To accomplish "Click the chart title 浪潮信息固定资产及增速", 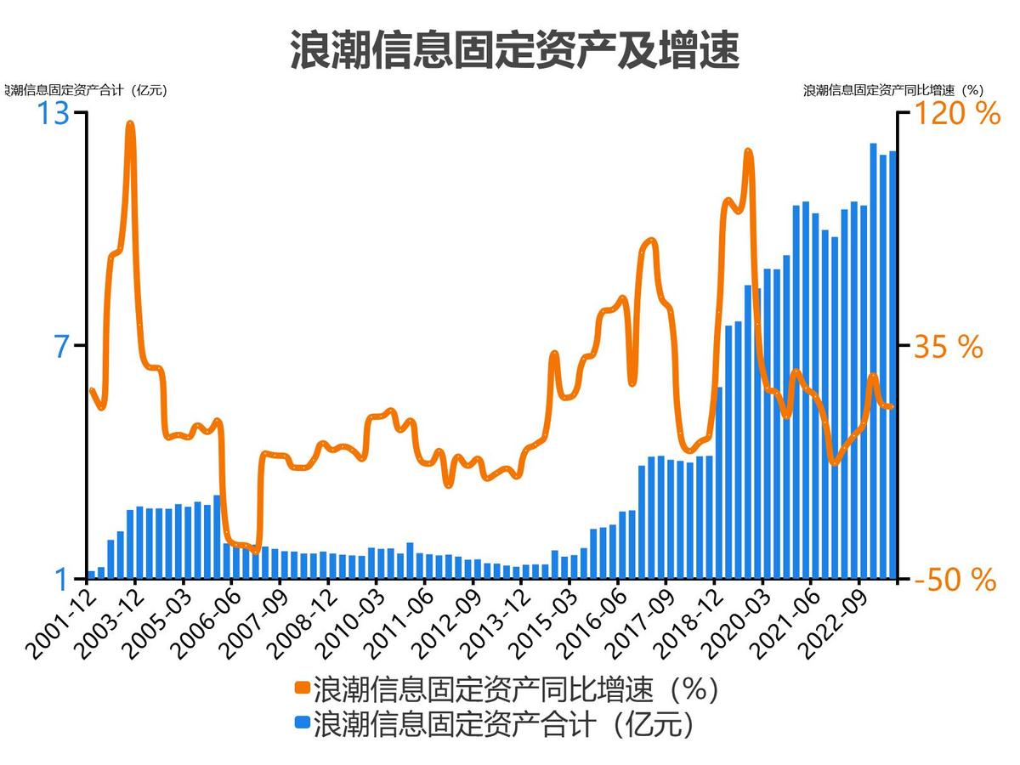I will [x=514, y=50].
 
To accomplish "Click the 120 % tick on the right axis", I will [x=956, y=113].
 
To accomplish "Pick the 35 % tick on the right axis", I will [x=948, y=347].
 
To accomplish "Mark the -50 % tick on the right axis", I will [x=954, y=581].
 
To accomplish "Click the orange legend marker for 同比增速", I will [x=302, y=688].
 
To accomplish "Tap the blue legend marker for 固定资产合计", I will [x=302, y=723].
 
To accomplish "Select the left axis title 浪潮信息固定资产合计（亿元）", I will [x=85, y=90].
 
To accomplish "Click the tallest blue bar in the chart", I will [x=874, y=361].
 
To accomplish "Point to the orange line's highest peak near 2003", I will [x=130, y=124].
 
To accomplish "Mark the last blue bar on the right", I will [x=892, y=365].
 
